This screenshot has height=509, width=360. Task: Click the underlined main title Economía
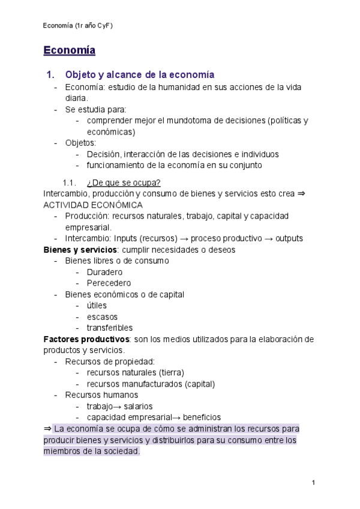point(69,50)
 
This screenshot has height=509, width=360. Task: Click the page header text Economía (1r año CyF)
point(78,26)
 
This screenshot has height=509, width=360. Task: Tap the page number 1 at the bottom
point(313,483)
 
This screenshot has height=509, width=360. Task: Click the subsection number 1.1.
point(70,182)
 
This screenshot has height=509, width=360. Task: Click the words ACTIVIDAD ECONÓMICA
point(93,205)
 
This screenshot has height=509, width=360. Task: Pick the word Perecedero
point(109,283)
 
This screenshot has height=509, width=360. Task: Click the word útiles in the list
point(97,306)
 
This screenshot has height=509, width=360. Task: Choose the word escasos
point(102,316)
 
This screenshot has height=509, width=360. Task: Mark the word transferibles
point(110,328)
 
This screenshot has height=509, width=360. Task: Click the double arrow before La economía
point(47,429)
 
